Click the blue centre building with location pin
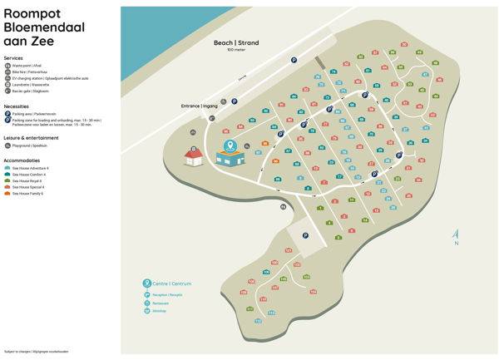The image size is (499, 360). (230, 153)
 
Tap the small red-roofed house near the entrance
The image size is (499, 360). (194, 156)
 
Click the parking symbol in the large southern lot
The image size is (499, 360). (304, 235)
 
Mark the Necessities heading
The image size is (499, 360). (17, 106)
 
